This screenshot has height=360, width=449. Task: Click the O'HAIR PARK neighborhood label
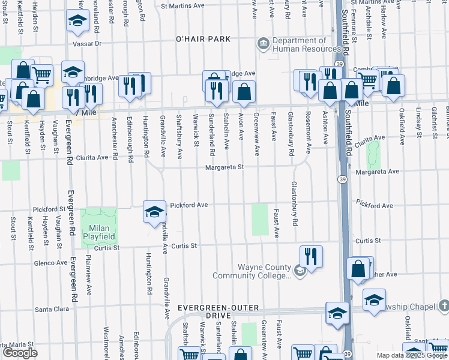tap(203, 39)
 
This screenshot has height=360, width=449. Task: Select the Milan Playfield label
tap(98, 233)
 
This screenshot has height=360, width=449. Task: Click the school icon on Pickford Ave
tap(154, 212)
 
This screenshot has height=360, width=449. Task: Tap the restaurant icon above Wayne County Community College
tap(311, 255)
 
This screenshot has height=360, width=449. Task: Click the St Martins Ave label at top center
tap(184, 6)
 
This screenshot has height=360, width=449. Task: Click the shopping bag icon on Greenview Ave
tap(244, 92)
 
